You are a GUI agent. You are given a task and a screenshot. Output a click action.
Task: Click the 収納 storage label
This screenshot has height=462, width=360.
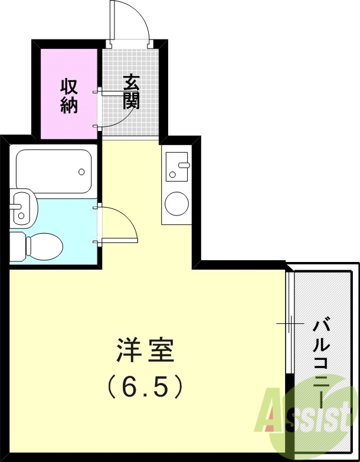[69, 96]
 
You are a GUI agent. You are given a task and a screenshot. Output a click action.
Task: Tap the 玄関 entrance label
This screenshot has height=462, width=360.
[131, 91]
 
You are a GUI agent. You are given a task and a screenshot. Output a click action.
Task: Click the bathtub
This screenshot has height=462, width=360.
[54, 172]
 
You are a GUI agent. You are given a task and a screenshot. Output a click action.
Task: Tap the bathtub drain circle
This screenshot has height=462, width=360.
[81, 173]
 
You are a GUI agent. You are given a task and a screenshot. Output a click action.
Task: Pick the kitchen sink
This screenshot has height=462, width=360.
[176, 166]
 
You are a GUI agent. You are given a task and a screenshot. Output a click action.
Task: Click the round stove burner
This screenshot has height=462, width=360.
[176, 204]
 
